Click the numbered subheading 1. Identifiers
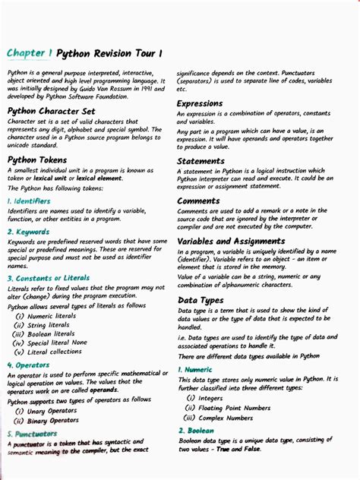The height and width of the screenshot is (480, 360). pyautogui.click(x=29, y=201)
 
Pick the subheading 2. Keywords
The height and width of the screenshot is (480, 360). pyautogui.click(x=28, y=232)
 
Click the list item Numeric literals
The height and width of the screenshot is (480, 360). pyautogui.click(x=50, y=315)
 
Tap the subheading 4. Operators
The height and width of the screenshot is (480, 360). pyautogui.click(x=28, y=365)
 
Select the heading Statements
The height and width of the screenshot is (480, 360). pyautogui.click(x=201, y=161)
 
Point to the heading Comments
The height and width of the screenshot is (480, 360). pyautogui.click(x=198, y=201)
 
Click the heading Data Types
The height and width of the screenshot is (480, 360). pyautogui.click(x=200, y=300)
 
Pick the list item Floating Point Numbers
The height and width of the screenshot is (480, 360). pyautogui.click(x=234, y=408)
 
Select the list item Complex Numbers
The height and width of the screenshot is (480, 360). pyautogui.click(x=226, y=418)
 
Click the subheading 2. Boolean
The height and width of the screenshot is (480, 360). pyautogui.click(x=196, y=431)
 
